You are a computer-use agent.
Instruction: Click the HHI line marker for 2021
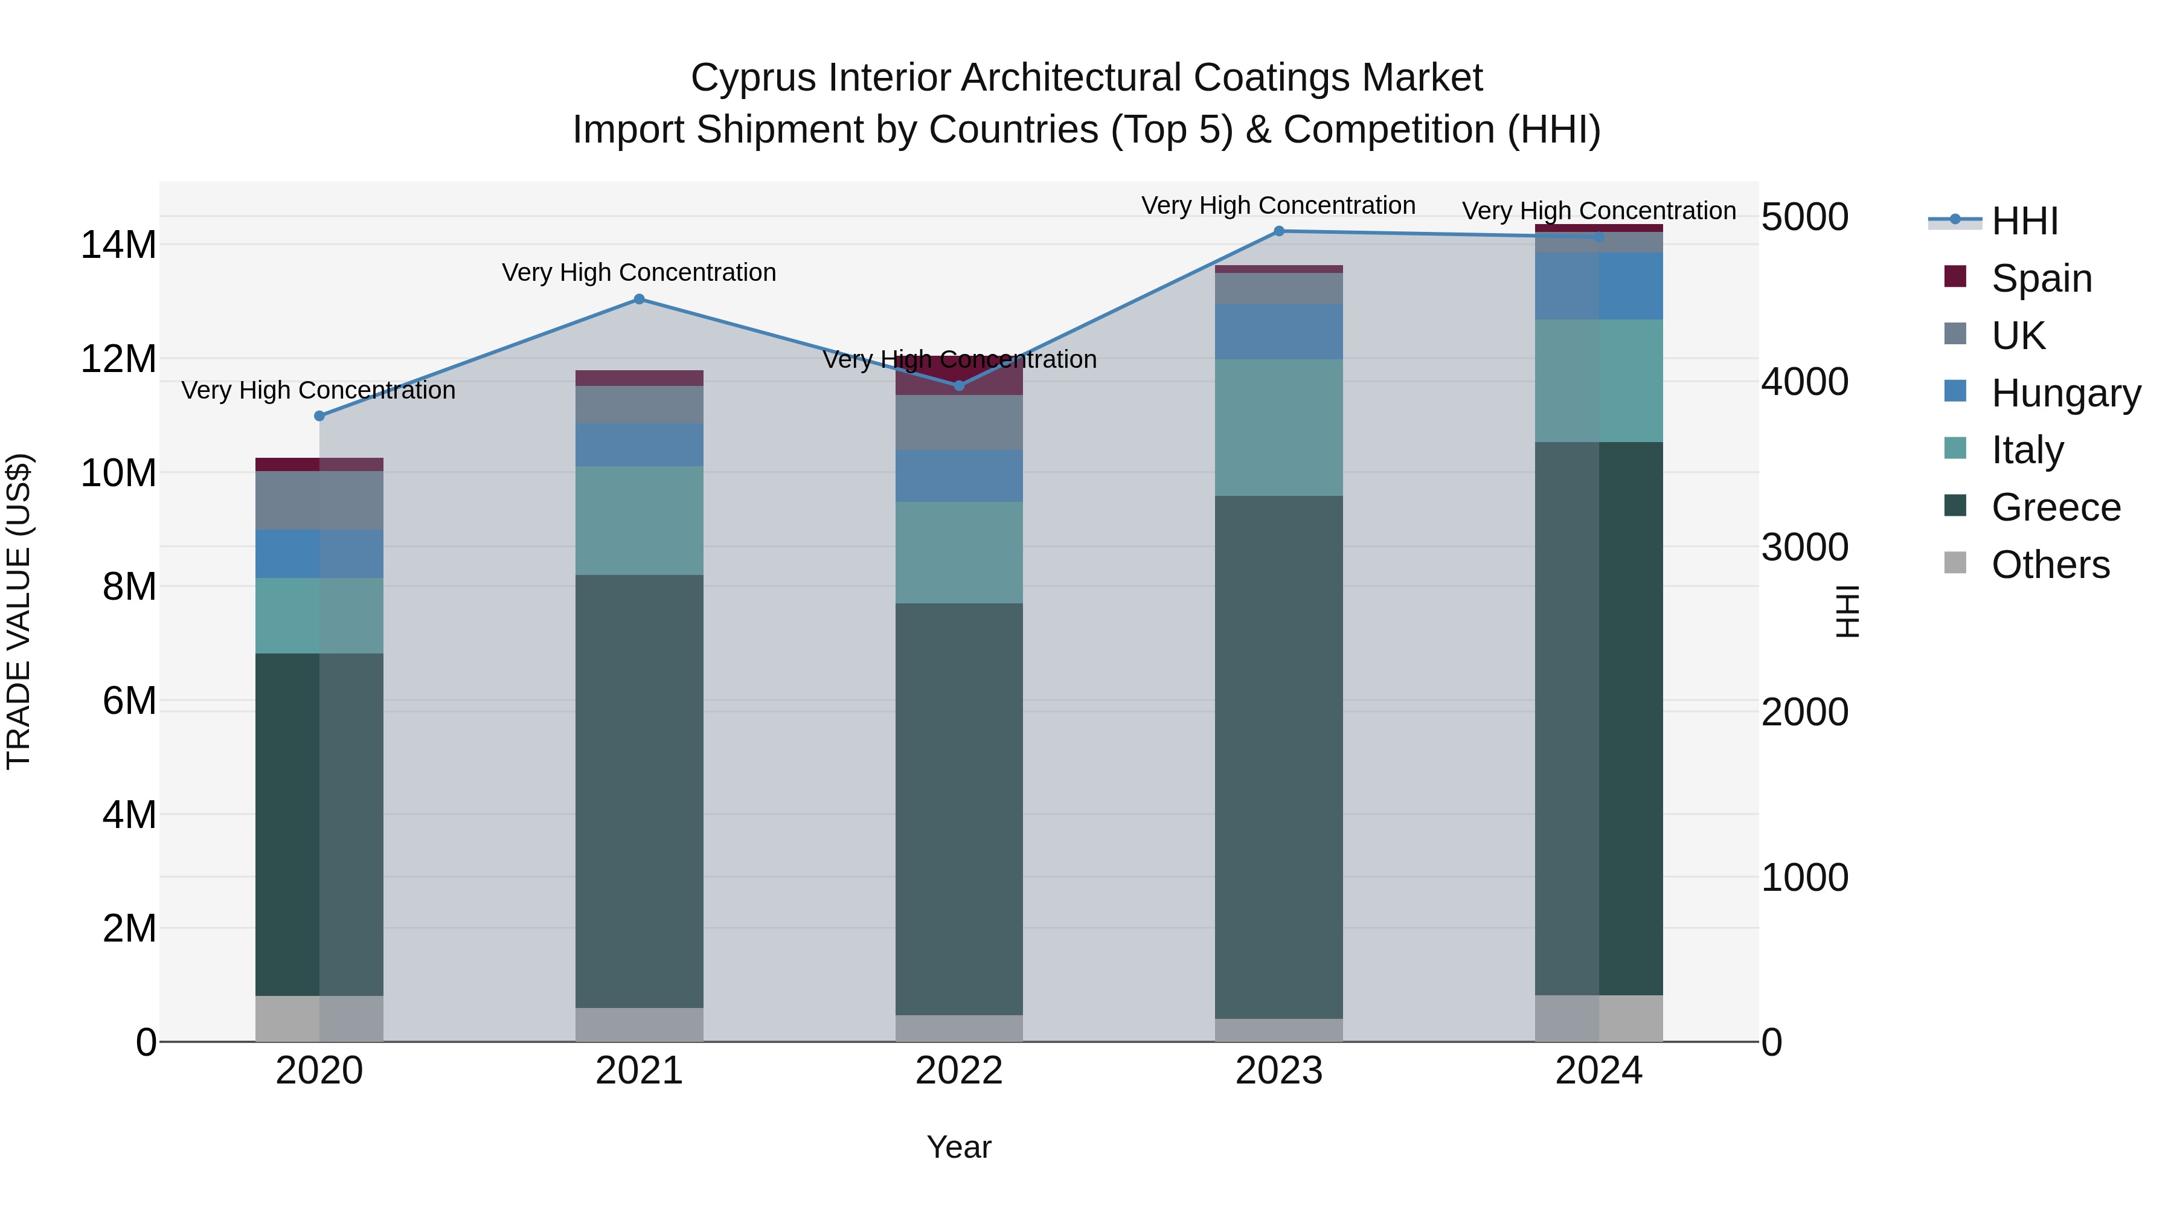point(639,299)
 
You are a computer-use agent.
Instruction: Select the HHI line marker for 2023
point(1278,231)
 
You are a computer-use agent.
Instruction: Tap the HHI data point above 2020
point(319,416)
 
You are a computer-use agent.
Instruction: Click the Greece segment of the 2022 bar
point(959,809)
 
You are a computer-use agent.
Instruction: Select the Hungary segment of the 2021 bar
point(639,445)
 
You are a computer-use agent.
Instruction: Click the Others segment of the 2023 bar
point(1278,1030)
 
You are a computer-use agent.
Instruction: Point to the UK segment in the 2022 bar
point(959,422)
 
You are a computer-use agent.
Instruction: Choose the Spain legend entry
point(2041,278)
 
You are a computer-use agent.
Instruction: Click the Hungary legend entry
point(2064,393)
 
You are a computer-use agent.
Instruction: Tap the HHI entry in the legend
point(2024,221)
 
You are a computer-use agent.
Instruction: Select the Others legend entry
point(2049,565)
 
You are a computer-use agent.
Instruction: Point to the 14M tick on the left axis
point(118,245)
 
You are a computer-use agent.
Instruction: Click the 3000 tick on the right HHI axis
point(1804,547)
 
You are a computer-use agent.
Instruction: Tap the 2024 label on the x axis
point(1598,1071)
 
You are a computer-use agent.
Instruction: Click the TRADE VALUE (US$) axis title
point(19,611)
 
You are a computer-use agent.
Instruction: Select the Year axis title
point(959,1147)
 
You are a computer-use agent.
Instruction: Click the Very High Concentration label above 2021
point(639,272)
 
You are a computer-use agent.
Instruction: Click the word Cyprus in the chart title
point(754,78)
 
